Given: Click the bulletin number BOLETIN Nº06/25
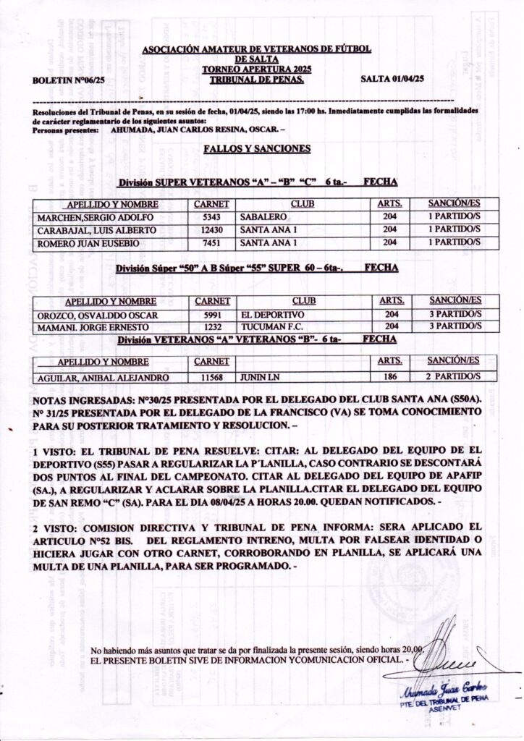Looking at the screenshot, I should pos(69,80).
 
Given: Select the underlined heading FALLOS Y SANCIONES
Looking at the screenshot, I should pos(247,149).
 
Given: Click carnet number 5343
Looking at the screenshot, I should pos(211,217).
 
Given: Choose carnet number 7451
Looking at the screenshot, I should pos(211,243).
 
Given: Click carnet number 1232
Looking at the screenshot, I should pos(212,328).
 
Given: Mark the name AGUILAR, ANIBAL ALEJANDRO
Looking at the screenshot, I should pos(101,378).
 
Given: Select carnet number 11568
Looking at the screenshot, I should pos(212,378).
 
